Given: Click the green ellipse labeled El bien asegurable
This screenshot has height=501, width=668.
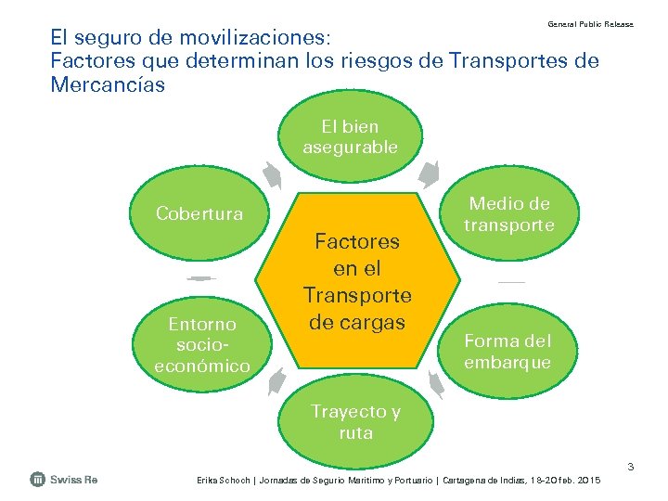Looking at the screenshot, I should pyautogui.click(x=350, y=136).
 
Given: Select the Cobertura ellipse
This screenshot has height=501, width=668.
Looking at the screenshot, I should pyautogui.click(x=199, y=214).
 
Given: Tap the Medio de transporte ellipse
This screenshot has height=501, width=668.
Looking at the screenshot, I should pyautogui.click(x=509, y=214).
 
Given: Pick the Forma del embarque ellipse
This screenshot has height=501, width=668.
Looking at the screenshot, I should pyautogui.click(x=507, y=351).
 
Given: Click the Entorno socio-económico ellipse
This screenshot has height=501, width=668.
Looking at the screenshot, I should pyautogui.click(x=201, y=344).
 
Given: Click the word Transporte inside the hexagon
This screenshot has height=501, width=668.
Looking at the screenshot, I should pyautogui.click(x=357, y=295).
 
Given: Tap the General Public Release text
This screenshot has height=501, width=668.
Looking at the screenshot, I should pyautogui.click(x=590, y=23).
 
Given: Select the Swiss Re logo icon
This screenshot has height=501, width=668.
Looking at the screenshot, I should pyautogui.click(x=38, y=479).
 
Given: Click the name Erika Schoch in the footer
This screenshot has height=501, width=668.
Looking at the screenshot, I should pyautogui.click(x=222, y=480).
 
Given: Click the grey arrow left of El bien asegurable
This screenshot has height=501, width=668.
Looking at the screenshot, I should pyautogui.click(x=271, y=174).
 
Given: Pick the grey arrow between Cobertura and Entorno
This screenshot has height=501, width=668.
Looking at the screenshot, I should pyautogui.click(x=199, y=278).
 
